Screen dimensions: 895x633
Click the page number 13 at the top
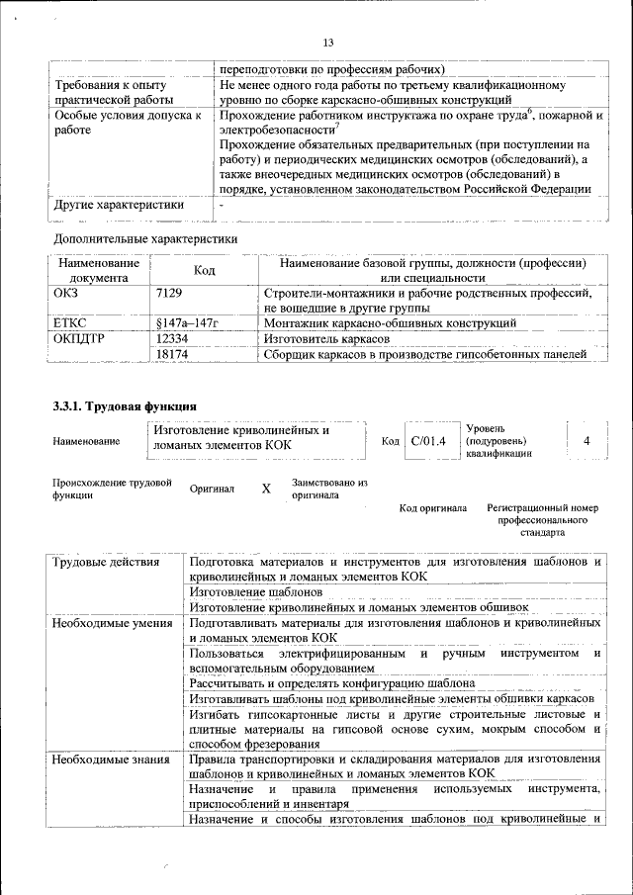coord(328,42)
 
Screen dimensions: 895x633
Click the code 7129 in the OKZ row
coord(169,294)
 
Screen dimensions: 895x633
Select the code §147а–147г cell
coord(186,322)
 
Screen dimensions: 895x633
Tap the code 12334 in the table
coord(172,338)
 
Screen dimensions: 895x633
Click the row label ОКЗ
coord(65,294)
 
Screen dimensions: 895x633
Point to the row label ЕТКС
coord(69,322)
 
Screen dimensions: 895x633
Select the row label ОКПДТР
coord(78,338)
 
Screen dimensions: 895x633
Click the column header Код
coord(204,271)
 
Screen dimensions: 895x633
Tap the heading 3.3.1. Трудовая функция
coord(125,405)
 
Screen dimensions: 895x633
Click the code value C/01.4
coord(428,440)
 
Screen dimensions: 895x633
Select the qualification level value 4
coord(588,440)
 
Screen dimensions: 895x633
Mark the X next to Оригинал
coord(265,489)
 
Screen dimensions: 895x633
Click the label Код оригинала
coord(432,508)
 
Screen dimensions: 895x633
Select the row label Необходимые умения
coord(112,623)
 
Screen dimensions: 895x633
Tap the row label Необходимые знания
coord(111,760)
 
